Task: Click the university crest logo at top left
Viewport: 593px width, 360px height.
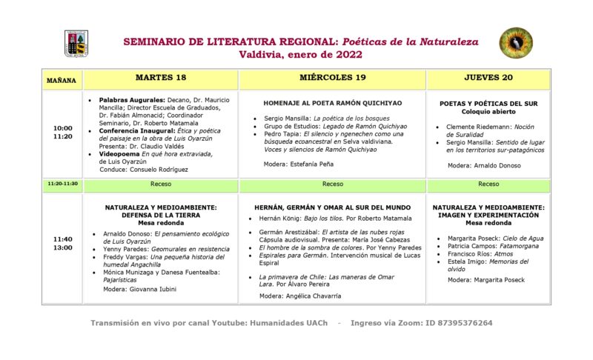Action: pos(76,43)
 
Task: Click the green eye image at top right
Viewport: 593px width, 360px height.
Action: pos(516,43)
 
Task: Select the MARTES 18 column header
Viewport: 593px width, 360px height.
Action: pos(161,78)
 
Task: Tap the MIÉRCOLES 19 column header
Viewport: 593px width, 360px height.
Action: pos(332,78)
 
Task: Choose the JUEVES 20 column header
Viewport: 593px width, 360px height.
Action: pos(488,78)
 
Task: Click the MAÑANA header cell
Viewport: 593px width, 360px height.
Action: pos(62,79)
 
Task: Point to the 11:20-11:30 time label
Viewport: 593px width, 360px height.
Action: pos(62,184)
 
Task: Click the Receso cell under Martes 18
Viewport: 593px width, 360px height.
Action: pos(160,184)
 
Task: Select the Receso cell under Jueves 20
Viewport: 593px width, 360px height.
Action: pos(488,184)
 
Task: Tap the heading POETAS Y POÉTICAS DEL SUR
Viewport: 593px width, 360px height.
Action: pos(488,104)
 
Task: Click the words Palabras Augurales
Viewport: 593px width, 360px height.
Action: pos(128,99)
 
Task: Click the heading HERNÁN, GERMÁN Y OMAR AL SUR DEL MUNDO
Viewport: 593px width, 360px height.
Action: pos(332,207)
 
